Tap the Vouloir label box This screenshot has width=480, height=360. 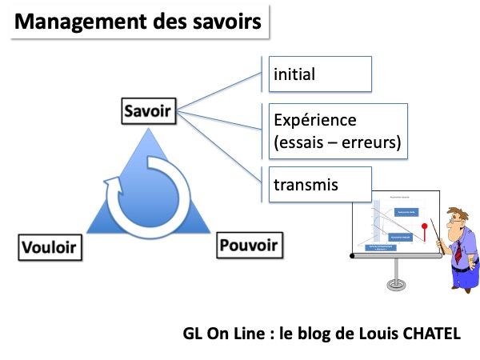coord(50,246)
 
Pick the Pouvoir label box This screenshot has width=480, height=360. coord(249,244)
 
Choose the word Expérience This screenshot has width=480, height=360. coord(314,121)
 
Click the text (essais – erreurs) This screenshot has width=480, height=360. coord(336,144)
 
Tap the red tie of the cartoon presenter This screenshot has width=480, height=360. coord(458,253)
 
